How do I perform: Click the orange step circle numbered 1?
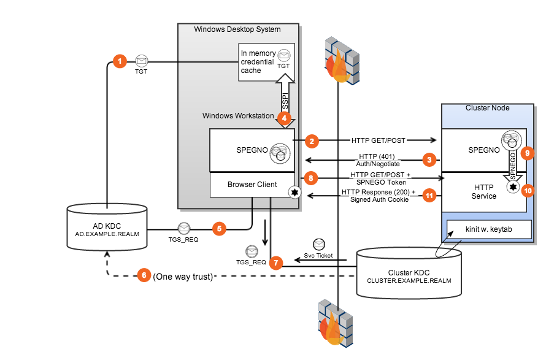click(120, 61)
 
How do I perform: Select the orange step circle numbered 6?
click(144, 275)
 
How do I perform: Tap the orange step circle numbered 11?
click(429, 196)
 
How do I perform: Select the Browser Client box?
click(252, 184)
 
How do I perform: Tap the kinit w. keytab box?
click(485, 229)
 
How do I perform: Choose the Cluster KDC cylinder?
click(409, 268)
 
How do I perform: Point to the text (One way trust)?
click(183, 276)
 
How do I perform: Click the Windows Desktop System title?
click(237, 29)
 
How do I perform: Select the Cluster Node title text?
click(487, 108)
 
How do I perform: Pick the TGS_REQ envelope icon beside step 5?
click(183, 228)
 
